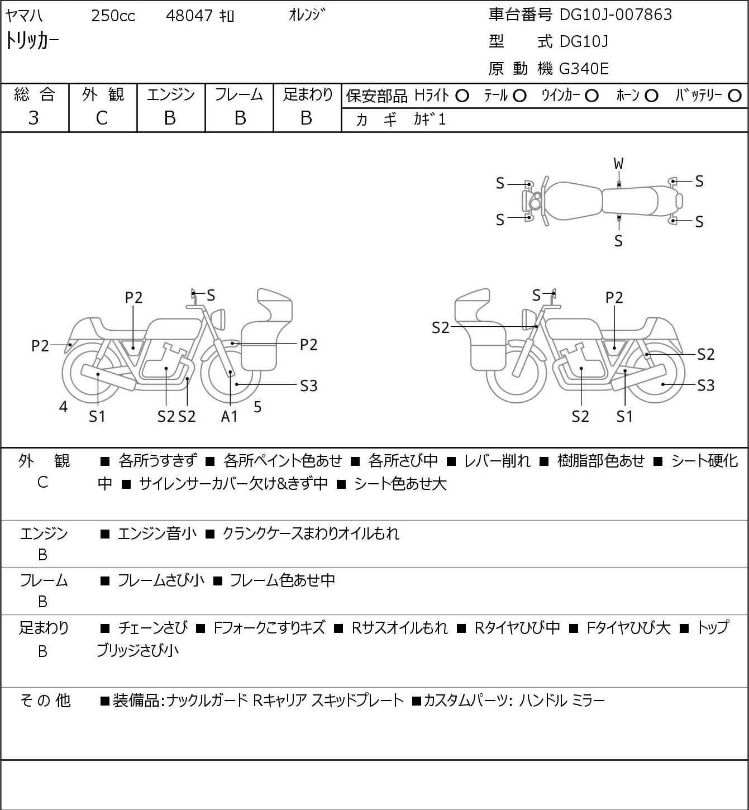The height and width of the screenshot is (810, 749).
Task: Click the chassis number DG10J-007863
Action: [616, 15]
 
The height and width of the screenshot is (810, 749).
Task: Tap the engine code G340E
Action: [584, 69]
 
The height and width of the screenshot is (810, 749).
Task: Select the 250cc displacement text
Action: [113, 16]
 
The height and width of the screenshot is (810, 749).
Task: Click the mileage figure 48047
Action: [189, 16]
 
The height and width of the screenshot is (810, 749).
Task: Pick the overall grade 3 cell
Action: [34, 118]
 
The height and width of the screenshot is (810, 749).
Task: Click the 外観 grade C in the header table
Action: [102, 118]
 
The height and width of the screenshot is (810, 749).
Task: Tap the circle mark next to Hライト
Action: [462, 96]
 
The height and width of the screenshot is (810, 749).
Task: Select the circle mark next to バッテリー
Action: [735, 96]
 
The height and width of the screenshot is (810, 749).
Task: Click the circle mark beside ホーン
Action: [651, 96]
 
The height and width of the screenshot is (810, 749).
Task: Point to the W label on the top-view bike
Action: [618, 164]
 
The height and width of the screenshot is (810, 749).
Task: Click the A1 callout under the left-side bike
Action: [230, 416]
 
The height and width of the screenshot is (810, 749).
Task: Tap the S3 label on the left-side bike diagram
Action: [308, 385]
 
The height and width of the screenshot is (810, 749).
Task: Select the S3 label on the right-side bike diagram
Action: [706, 385]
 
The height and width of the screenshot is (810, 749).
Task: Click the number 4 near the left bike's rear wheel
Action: [64, 407]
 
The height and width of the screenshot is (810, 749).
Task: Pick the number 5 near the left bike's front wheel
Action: [257, 407]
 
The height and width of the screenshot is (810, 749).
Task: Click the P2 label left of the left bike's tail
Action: [40, 346]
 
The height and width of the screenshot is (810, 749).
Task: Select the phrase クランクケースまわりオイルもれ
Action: [311, 533]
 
